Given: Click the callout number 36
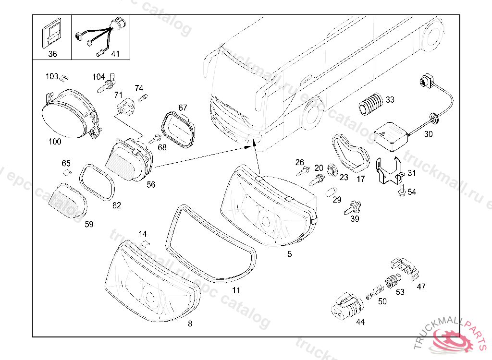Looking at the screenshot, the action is pos(52,54).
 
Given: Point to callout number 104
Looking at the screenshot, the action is pos(98,77).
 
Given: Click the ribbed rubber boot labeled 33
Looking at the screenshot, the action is pos(370,105).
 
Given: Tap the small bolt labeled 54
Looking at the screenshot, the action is pos(402,191).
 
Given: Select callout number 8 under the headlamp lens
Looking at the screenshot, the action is pos(190,324).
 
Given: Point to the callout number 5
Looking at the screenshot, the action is pos(289,254).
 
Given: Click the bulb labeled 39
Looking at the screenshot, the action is pos(352,207).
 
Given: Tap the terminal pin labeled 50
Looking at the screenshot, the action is pos(375,292).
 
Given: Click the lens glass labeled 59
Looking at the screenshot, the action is pos(68,201).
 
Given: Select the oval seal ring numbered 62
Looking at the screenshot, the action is pos(97,181).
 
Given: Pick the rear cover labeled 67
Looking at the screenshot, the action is pos(178,129).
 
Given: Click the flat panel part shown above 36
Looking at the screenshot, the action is pos(52,34).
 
